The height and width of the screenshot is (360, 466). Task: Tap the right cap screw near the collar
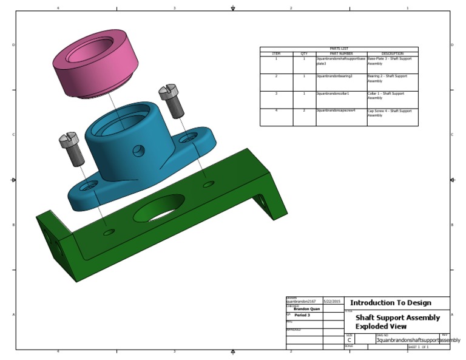tap(171, 100)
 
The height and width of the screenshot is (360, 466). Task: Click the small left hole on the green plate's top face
tap(108, 232)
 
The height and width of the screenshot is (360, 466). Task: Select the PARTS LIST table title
tap(339, 49)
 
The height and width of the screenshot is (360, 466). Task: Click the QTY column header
tap(304, 53)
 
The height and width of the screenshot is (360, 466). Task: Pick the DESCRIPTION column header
tap(393, 53)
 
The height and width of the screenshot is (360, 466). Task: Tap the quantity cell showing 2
tap(304, 111)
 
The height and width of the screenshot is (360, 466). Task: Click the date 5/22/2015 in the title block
tap(332, 301)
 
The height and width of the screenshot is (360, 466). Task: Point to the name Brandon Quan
tap(306, 309)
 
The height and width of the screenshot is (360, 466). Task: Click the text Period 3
tap(302, 316)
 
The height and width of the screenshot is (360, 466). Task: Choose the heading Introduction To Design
tap(391, 302)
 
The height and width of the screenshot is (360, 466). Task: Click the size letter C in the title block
tap(349, 341)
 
